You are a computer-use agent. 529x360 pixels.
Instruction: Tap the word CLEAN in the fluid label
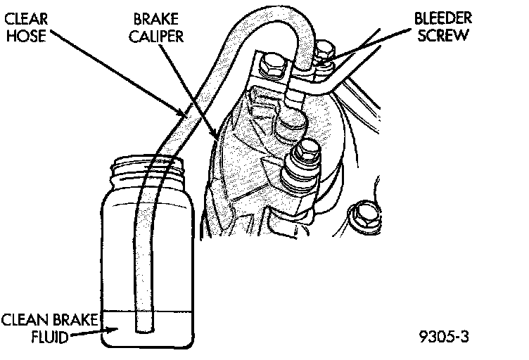[20, 320]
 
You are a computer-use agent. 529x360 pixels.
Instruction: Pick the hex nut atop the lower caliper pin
[307, 150]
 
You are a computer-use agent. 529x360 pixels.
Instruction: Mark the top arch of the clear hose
[278, 23]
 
